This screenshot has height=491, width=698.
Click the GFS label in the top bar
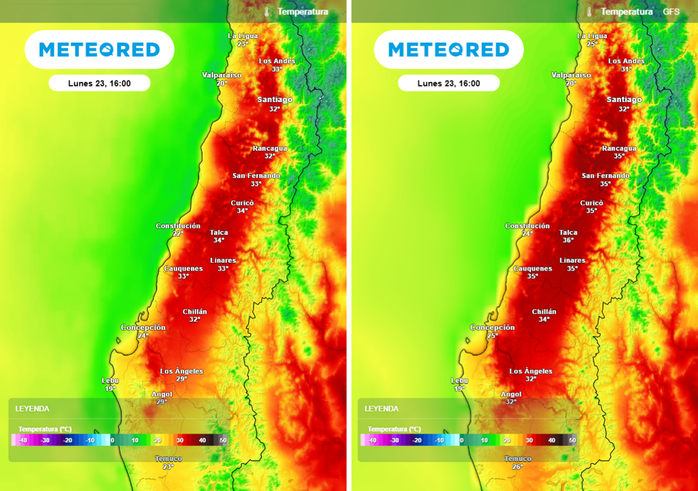[x=671, y=12]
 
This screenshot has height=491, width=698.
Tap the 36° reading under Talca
[x=568, y=240]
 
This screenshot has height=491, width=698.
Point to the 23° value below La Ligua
[x=242, y=44]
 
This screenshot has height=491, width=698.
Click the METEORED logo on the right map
[x=449, y=50]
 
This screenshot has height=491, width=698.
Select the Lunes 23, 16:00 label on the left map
[x=100, y=83]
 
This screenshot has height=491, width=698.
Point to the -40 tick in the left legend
[x=23, y=441]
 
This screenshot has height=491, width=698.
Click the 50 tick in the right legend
[x=573, y=441]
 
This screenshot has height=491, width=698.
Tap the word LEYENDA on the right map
[x=381, y=408]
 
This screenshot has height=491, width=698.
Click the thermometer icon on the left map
[x=267, y=12]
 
